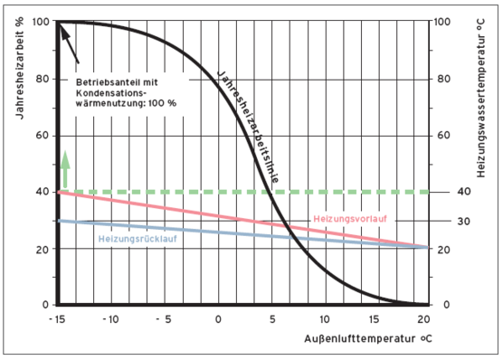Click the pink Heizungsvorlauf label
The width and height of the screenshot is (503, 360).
[x=353, y=218]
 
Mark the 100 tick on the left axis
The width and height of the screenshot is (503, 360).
[x=43, y=22]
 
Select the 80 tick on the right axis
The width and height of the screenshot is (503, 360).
[x=442, y=79]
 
